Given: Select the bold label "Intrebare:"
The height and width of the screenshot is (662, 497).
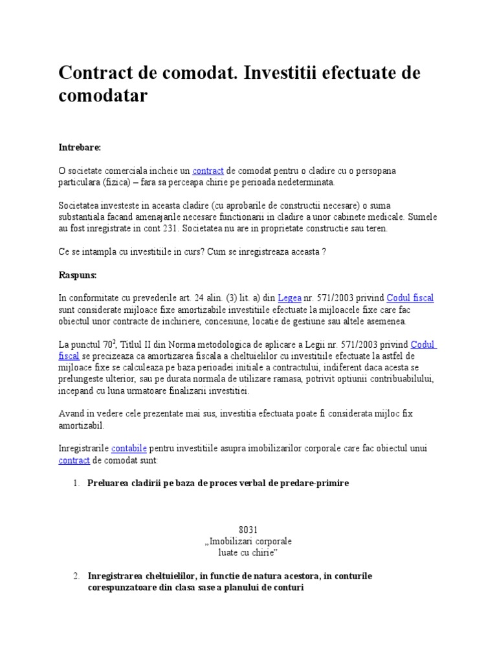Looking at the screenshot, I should click(x=80, y=147).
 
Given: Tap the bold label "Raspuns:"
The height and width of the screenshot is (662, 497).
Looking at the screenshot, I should click(x=78, y=275).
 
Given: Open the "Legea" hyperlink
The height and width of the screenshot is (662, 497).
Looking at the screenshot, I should click(x=289, y=298).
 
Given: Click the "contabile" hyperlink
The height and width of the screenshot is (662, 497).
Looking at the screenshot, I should click(x=129, y=448).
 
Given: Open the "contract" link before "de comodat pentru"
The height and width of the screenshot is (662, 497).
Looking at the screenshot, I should click(x=208, y=171).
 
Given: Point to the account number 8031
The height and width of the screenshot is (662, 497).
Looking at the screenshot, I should click(x=248, y=529).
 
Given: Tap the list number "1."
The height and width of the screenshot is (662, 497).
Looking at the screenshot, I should click(x=76, y=483).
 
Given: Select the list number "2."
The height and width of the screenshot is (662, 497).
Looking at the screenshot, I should click(x=76, y=576).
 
